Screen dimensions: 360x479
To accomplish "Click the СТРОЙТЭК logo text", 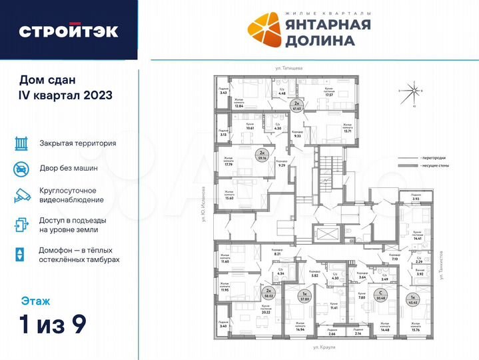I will click(x=69, y=31).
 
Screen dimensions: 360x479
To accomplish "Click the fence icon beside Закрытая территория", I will click(x=21, y=143).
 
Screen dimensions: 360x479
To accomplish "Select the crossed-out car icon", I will click(x=21, y=169).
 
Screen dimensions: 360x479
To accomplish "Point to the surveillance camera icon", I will click(x=21, y=195).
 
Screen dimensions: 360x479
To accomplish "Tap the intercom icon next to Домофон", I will click(x=21, y=254).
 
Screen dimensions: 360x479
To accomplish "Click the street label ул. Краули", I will click(x=340, y=348).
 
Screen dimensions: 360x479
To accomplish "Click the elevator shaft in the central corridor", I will click(x=327, y=233).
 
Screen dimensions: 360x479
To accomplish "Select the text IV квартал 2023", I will click(x=65, y=94).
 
